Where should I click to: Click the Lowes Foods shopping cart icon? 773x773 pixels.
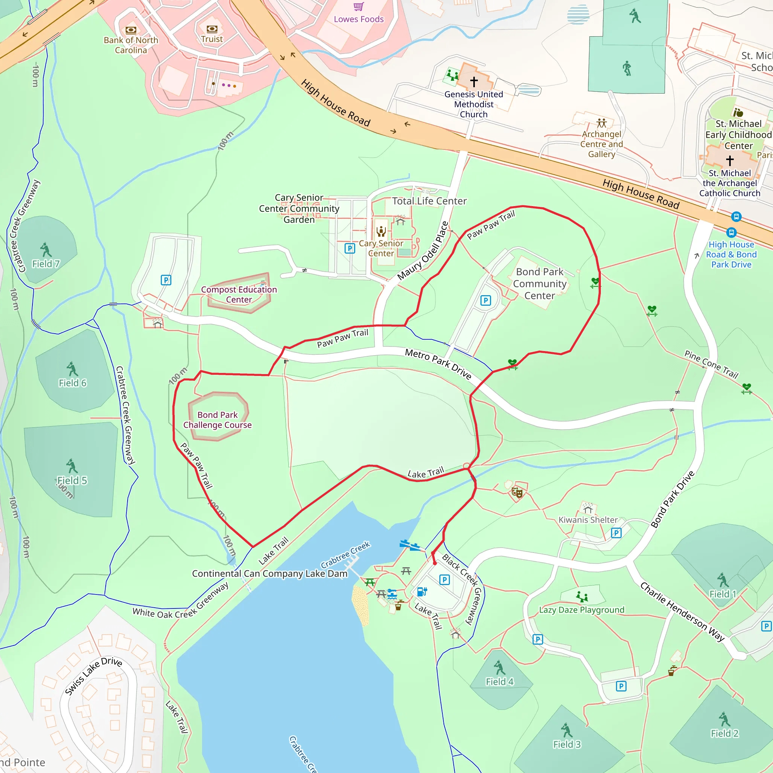point(359,6)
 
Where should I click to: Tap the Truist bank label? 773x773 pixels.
point(212,39)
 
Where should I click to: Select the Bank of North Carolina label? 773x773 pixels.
point(131,45)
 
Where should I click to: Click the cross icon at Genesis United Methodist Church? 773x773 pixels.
point(474,82)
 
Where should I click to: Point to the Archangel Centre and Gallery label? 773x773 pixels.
point(601,144)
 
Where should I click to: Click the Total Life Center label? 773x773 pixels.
point(429,201)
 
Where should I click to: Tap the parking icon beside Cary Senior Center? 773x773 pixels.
point(350,248)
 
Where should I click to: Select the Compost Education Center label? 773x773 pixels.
point(239,294)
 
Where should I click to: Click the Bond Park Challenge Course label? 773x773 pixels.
point(217,420)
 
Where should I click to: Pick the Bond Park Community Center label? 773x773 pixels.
point(539,284)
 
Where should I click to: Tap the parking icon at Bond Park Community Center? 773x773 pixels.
point(485,300)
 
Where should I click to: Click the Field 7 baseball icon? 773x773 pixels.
point(46,249)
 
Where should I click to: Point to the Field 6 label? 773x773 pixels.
point(72,383)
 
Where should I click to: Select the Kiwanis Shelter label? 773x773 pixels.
point(588,520)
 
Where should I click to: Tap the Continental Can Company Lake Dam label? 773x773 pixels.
point(269,573)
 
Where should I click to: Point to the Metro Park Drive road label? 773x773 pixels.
point(438,364)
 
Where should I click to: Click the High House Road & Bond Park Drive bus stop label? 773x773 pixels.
point(731,254)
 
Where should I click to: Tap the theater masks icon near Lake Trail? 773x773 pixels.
point(517,492)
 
